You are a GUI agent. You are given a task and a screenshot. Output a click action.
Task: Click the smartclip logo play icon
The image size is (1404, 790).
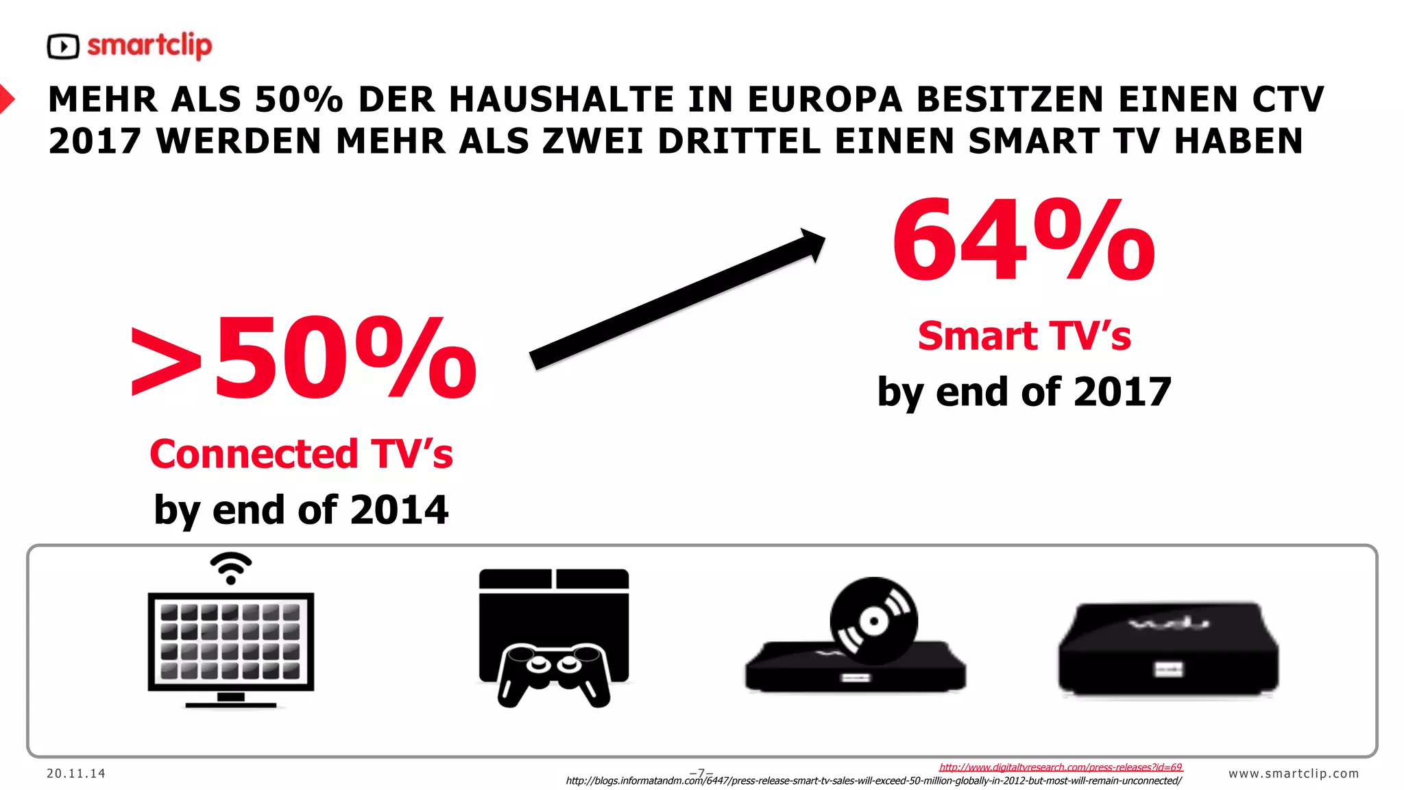(63, 47)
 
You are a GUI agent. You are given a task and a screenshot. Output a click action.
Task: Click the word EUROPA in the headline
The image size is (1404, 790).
(825, 99)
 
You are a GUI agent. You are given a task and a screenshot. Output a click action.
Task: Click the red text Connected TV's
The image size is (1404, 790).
(301, 454)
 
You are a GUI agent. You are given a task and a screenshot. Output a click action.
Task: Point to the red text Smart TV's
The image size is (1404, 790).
(1024, 336)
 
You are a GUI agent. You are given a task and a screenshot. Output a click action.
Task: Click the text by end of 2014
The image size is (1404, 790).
(301, 510)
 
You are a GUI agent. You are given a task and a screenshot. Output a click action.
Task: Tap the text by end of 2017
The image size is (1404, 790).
(1024, 392)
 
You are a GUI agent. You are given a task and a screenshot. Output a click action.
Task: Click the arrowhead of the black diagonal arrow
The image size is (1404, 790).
(812, 243)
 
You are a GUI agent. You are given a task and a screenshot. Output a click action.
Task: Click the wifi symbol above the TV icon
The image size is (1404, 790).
(231, 568)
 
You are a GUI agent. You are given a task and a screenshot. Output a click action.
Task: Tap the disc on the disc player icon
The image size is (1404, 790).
(873, 621)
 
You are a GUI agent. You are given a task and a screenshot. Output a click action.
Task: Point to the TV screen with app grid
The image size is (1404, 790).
(231, 641)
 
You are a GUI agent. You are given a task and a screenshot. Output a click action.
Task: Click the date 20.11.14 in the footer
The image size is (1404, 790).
(76, 774)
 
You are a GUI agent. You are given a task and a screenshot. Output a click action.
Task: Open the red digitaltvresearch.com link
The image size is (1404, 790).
(1061, 767)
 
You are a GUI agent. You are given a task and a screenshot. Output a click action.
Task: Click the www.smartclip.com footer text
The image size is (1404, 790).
(1293, 774)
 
